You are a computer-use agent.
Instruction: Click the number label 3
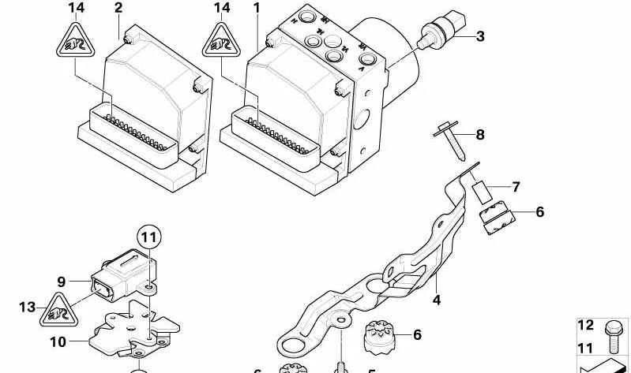[480, 35]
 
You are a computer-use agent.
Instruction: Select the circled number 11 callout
[149, 234]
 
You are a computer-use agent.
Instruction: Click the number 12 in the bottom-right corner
[585, 326]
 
